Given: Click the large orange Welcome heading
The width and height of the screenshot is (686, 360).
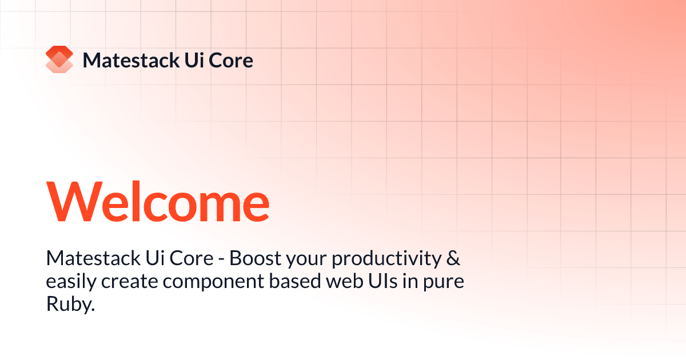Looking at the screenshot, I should tap(158, 203).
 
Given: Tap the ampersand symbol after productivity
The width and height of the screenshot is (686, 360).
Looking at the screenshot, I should tap(453, 259).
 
